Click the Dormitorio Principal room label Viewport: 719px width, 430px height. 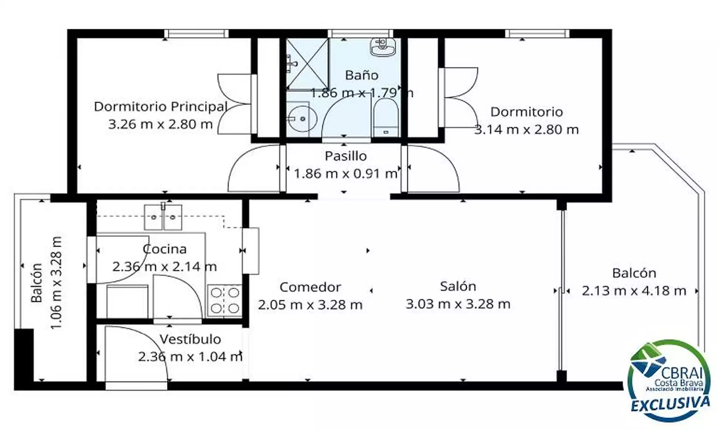[161, 107]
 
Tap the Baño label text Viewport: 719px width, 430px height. [362, 75]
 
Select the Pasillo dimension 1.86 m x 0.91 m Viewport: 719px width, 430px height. [346, 173]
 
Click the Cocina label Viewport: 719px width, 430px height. [165, 249]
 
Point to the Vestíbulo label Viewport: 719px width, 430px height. [190, 339]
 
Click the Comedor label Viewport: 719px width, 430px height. [310, 287]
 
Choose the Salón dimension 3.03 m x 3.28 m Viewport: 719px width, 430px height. [458, 304]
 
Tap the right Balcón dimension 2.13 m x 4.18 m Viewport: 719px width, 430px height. [634, 291]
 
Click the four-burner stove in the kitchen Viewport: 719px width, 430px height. [225, 300]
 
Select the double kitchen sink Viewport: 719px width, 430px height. [163, 217]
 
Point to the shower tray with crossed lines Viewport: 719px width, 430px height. [307, 64]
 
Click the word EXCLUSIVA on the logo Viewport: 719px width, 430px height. [670, 404]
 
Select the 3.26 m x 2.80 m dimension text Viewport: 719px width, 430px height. [161, 124]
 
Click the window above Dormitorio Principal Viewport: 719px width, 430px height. [196, 34]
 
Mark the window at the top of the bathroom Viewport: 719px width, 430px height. [361, 34]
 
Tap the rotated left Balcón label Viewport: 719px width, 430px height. [37, 283]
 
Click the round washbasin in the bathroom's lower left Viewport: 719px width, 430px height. [302, 119]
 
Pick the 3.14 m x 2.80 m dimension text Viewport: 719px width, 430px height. [526, 130]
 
